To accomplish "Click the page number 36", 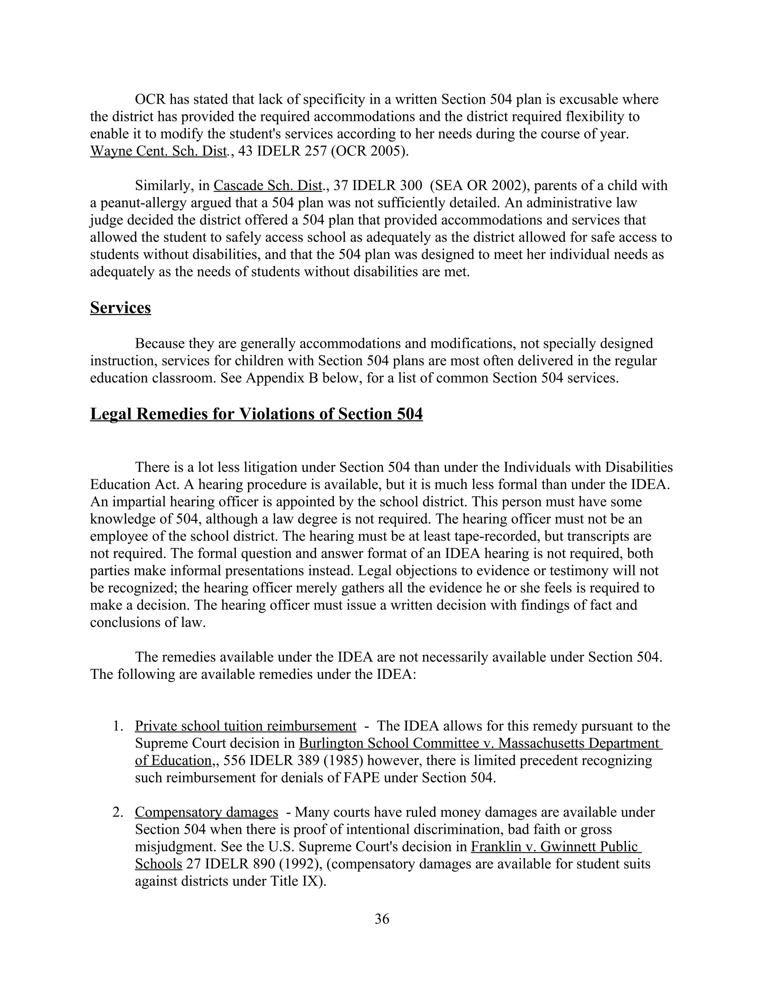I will [382, 919].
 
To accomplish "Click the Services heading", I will [120, 308].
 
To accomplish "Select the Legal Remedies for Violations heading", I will [256, 414].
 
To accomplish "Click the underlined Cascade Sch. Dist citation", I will [268, 185].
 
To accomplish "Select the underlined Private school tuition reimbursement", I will [245, 726].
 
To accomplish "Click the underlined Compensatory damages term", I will [206, 812].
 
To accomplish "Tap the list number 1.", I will [118, 726].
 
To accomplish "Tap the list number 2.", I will [118, 812].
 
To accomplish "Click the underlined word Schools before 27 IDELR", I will [159, 864].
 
